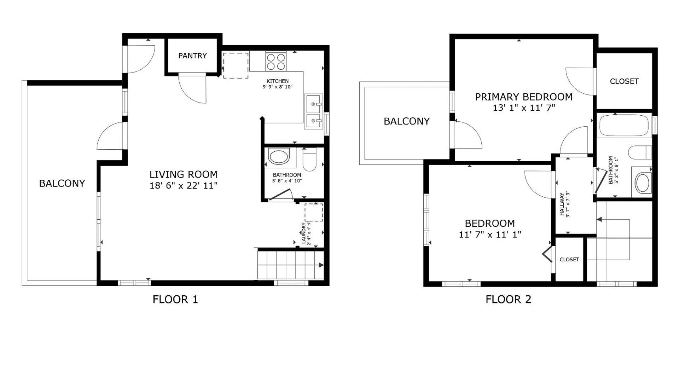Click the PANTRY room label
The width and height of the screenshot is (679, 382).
(192, 56)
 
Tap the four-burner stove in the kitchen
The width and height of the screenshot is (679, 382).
(276, 62)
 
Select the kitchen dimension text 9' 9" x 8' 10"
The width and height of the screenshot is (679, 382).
(278, 87)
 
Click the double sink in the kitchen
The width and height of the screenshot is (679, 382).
(313, 111)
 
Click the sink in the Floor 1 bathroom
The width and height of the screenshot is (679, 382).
(279, 157)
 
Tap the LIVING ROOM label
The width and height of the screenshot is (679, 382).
(183, 175)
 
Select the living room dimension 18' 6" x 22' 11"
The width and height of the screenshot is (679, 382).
(183, 186)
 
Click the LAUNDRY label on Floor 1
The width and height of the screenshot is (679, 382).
(303, 233)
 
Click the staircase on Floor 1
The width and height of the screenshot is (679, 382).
(290, 265)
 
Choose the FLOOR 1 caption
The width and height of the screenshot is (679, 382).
(175, 300)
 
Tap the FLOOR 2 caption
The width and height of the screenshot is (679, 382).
(508, 300)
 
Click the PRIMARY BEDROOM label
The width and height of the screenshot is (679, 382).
(523, 97)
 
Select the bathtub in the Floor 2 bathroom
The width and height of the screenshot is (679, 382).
(624, 125)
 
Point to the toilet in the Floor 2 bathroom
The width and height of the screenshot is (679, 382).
(639, 152)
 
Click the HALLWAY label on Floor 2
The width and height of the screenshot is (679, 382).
(562, 204)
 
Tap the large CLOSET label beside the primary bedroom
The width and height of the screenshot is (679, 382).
(624, 81)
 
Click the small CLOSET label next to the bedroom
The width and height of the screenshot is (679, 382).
(569, 260)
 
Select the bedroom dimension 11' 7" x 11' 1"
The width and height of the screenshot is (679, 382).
(490, 235)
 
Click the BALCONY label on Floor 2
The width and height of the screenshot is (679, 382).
(406, 121)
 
